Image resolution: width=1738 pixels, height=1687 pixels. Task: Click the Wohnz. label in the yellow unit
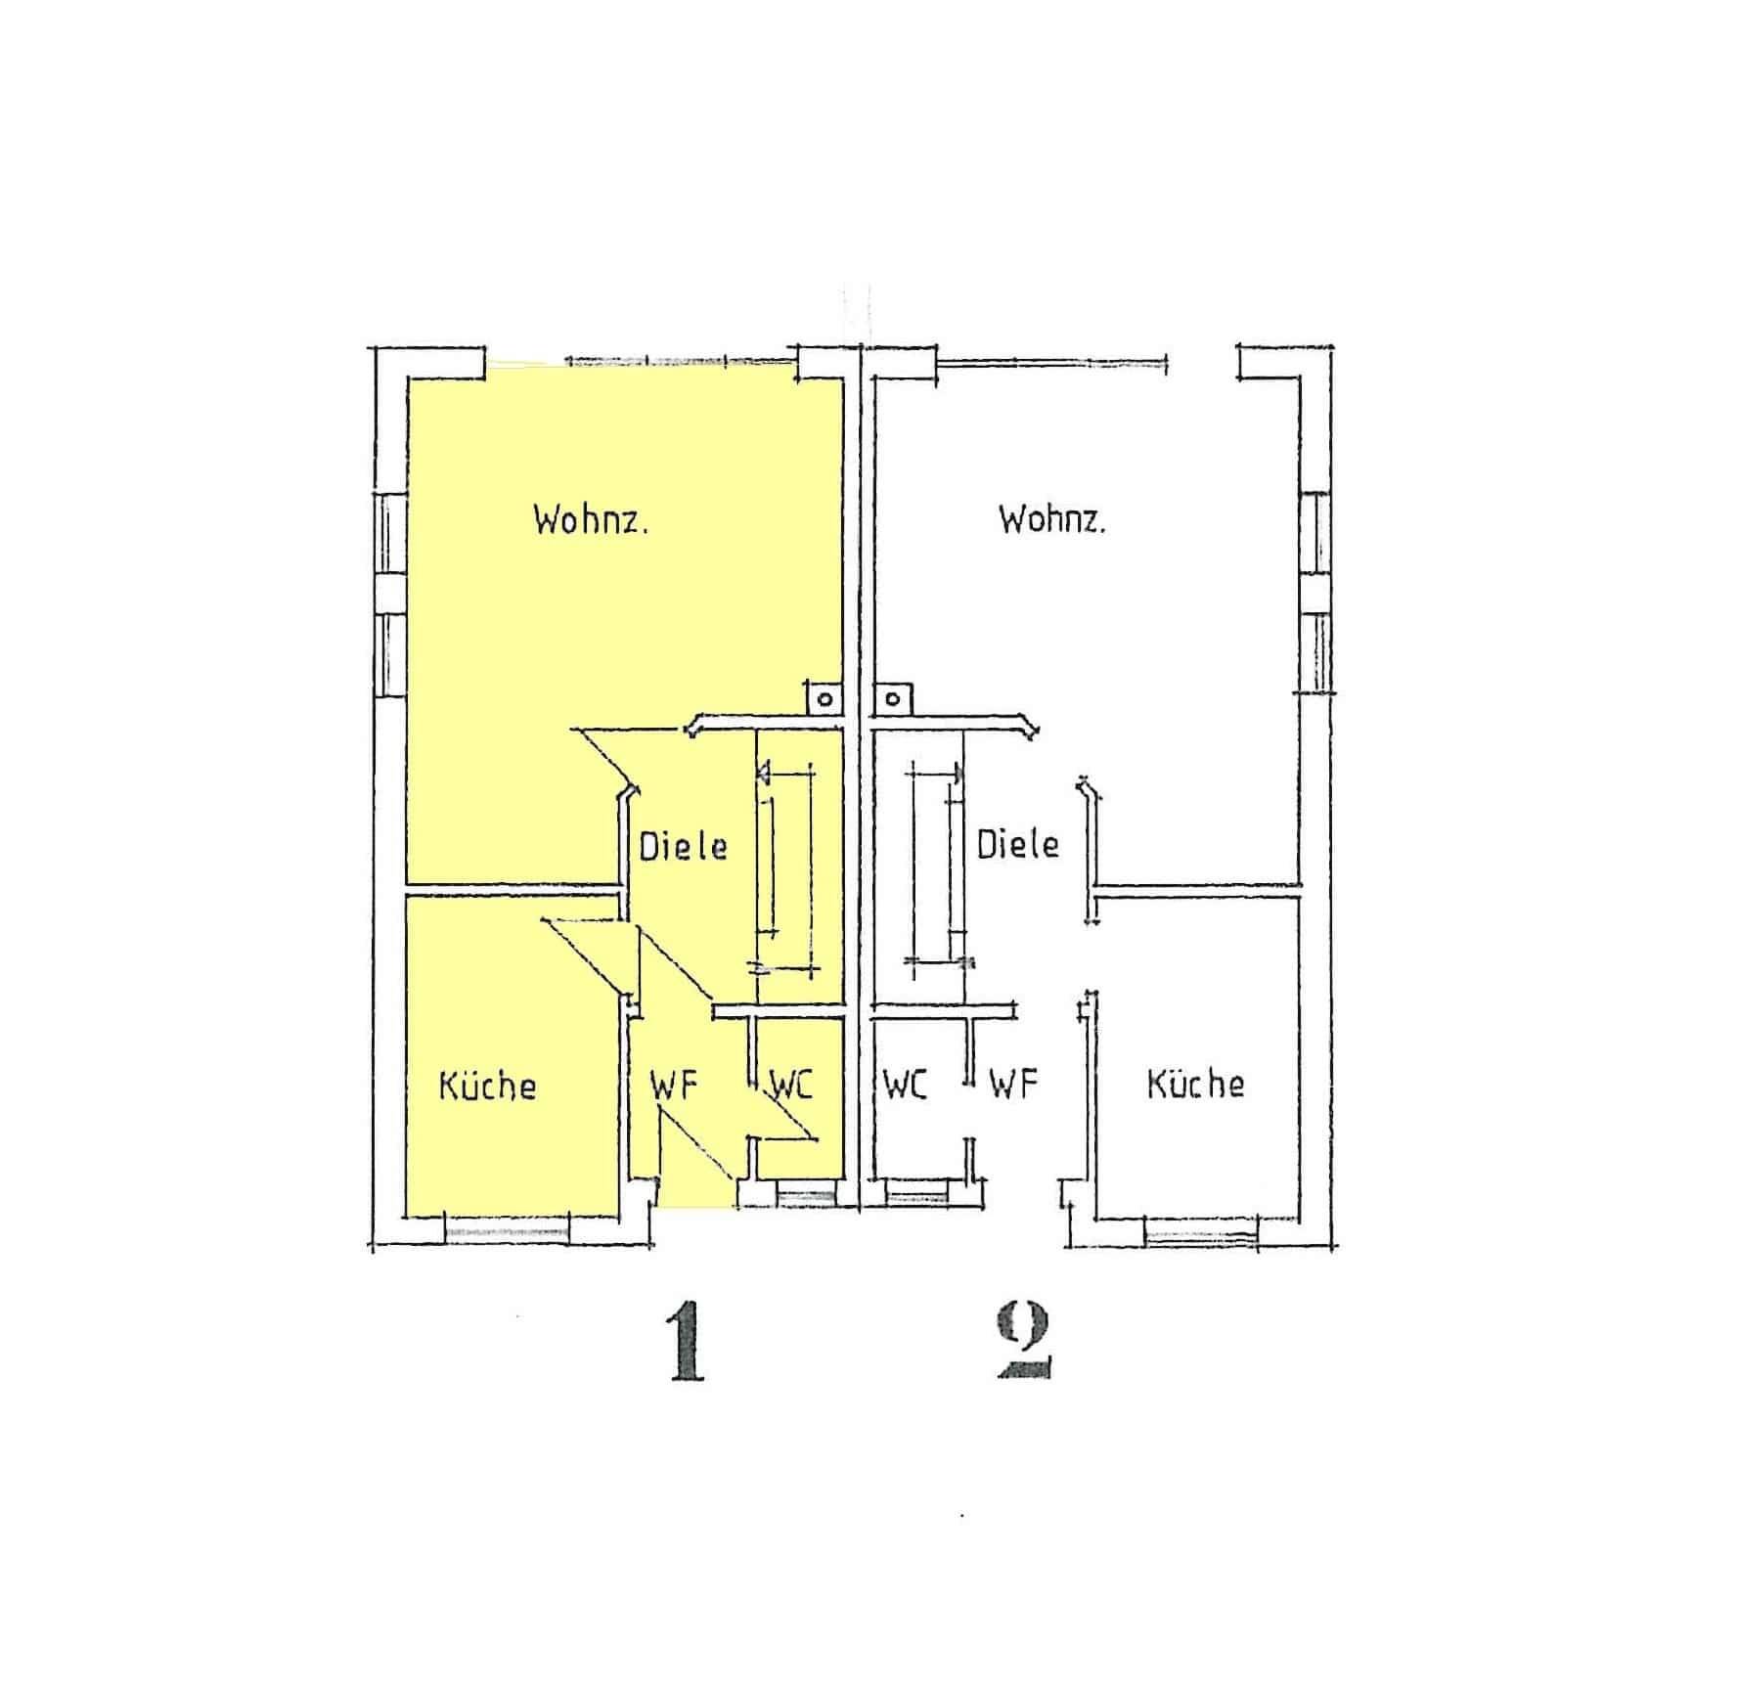(591, 518)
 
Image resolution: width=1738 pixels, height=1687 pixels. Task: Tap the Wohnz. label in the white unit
(1051, 518)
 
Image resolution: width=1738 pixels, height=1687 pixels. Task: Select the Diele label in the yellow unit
(683, 845)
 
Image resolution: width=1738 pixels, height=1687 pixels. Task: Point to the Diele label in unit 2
(1017, 843)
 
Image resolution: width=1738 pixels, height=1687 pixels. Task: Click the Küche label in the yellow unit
(487, 1085)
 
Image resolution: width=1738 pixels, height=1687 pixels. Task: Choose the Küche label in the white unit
(1195, 1083)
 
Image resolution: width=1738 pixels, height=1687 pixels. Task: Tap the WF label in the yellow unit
(673, 1086)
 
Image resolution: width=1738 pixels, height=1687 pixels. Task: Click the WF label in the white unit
(1012, 1084)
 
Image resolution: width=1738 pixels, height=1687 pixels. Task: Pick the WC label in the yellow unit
(791, 1085)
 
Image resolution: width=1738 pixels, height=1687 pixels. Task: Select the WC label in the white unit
(905, 1085)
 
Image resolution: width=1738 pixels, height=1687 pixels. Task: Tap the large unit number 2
(1023, 1342)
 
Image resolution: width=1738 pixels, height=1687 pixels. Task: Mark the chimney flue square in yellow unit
(824, 698)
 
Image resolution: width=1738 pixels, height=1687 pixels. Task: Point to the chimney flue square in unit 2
(892, 698)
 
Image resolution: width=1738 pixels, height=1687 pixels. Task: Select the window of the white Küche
(1201, 1232)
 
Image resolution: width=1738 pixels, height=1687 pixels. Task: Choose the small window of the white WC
(917, 1193)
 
